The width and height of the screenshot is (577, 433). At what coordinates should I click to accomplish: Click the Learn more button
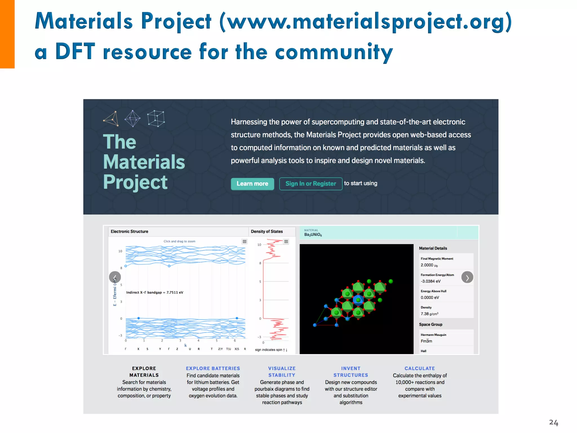click(252, 184)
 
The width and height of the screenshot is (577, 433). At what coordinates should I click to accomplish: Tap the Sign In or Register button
click(310, 184)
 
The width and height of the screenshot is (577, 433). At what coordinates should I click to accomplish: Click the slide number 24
click(553, 422)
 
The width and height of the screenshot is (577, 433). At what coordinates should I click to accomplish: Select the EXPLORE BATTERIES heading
click(213, 368)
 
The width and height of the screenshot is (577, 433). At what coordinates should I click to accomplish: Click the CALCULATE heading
click(420, 368)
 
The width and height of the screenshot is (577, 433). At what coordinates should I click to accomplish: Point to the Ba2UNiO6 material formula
click(313, 235)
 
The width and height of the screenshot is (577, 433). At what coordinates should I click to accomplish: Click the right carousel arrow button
click(467, 277)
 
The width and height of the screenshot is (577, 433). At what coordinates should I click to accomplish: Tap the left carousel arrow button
click(115, 277)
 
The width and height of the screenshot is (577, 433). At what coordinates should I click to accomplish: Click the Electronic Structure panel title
click(129, 231)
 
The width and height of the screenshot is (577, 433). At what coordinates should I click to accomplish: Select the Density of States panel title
click(267, 231)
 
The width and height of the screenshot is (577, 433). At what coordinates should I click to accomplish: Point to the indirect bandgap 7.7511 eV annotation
click(155, 292)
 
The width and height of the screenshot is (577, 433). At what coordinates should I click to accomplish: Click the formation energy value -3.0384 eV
click(430, 281)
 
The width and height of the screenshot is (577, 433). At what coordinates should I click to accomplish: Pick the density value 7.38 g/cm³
click(429, 314)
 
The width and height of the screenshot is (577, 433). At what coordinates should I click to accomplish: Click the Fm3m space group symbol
click(426, 341)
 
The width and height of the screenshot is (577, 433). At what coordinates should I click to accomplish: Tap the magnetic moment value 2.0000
click(427, 265)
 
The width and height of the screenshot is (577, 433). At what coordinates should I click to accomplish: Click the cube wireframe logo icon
click(156, 118)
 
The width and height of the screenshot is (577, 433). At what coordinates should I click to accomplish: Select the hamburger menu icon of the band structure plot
click(245, 242)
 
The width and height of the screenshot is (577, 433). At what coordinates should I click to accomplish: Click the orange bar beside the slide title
click(7, 34)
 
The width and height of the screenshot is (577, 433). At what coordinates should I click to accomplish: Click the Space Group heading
click(430, 324)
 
